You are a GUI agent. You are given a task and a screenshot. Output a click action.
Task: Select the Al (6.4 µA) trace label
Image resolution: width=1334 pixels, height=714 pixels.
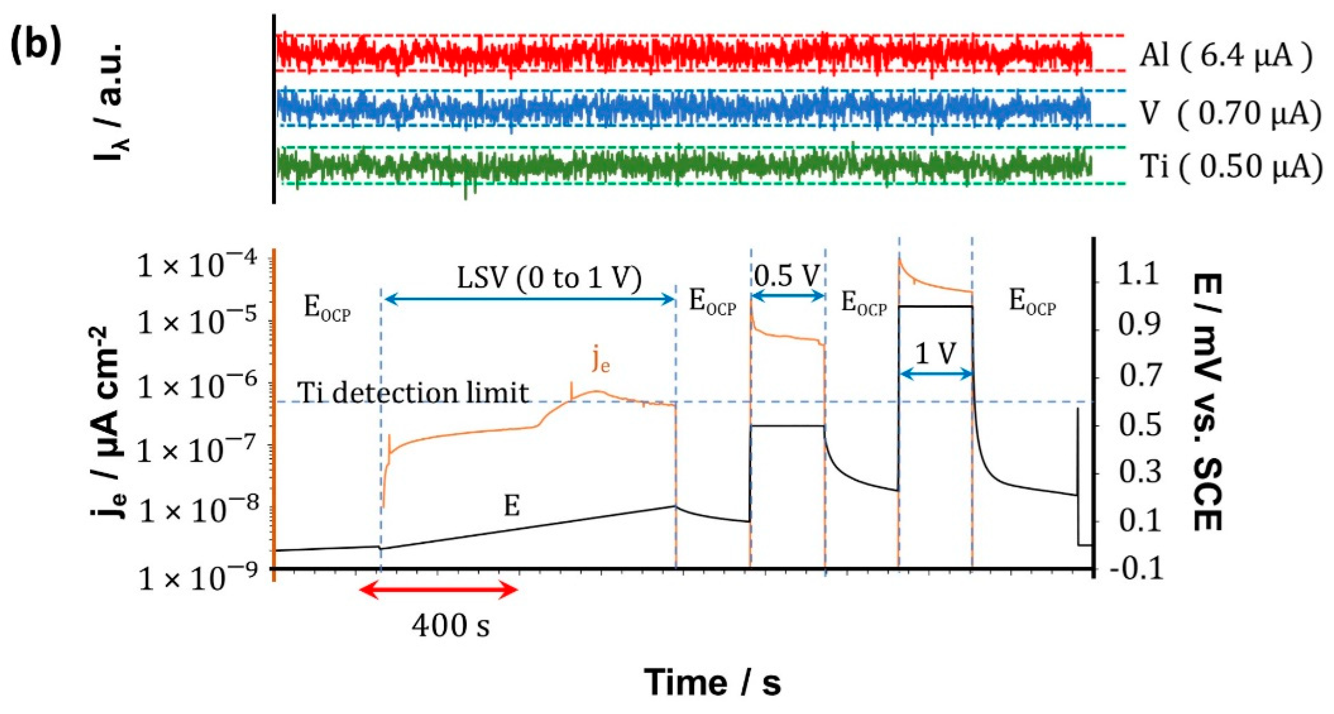[1225, 56]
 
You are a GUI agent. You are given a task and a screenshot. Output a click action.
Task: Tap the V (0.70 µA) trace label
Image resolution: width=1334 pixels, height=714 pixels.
[1230, 113]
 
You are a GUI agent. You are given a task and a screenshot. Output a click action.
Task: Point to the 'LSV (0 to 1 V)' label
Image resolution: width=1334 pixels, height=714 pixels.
[549, 278]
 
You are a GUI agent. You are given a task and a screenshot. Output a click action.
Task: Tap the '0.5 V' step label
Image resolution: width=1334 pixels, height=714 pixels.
[786, 276]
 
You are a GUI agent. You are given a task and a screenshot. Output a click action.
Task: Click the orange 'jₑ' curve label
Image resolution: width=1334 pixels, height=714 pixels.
[601, 361]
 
